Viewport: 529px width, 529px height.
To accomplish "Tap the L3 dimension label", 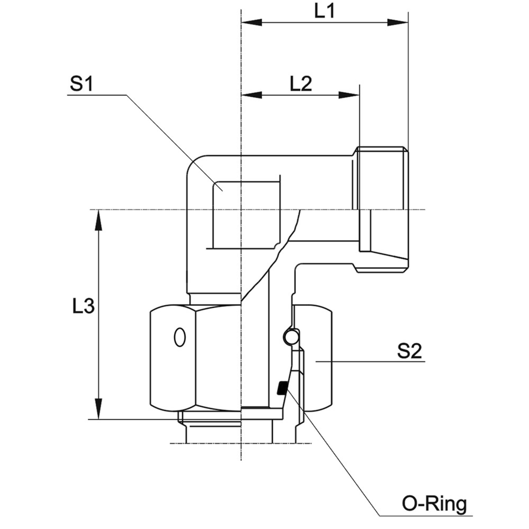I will (83, 306).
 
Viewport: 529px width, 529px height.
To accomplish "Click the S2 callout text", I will (409, 351).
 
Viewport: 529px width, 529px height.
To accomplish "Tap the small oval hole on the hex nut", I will (180, 337).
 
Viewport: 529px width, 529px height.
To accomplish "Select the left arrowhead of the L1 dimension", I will (251, 23).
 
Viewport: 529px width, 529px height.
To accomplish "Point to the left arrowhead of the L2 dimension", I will (251, 95).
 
